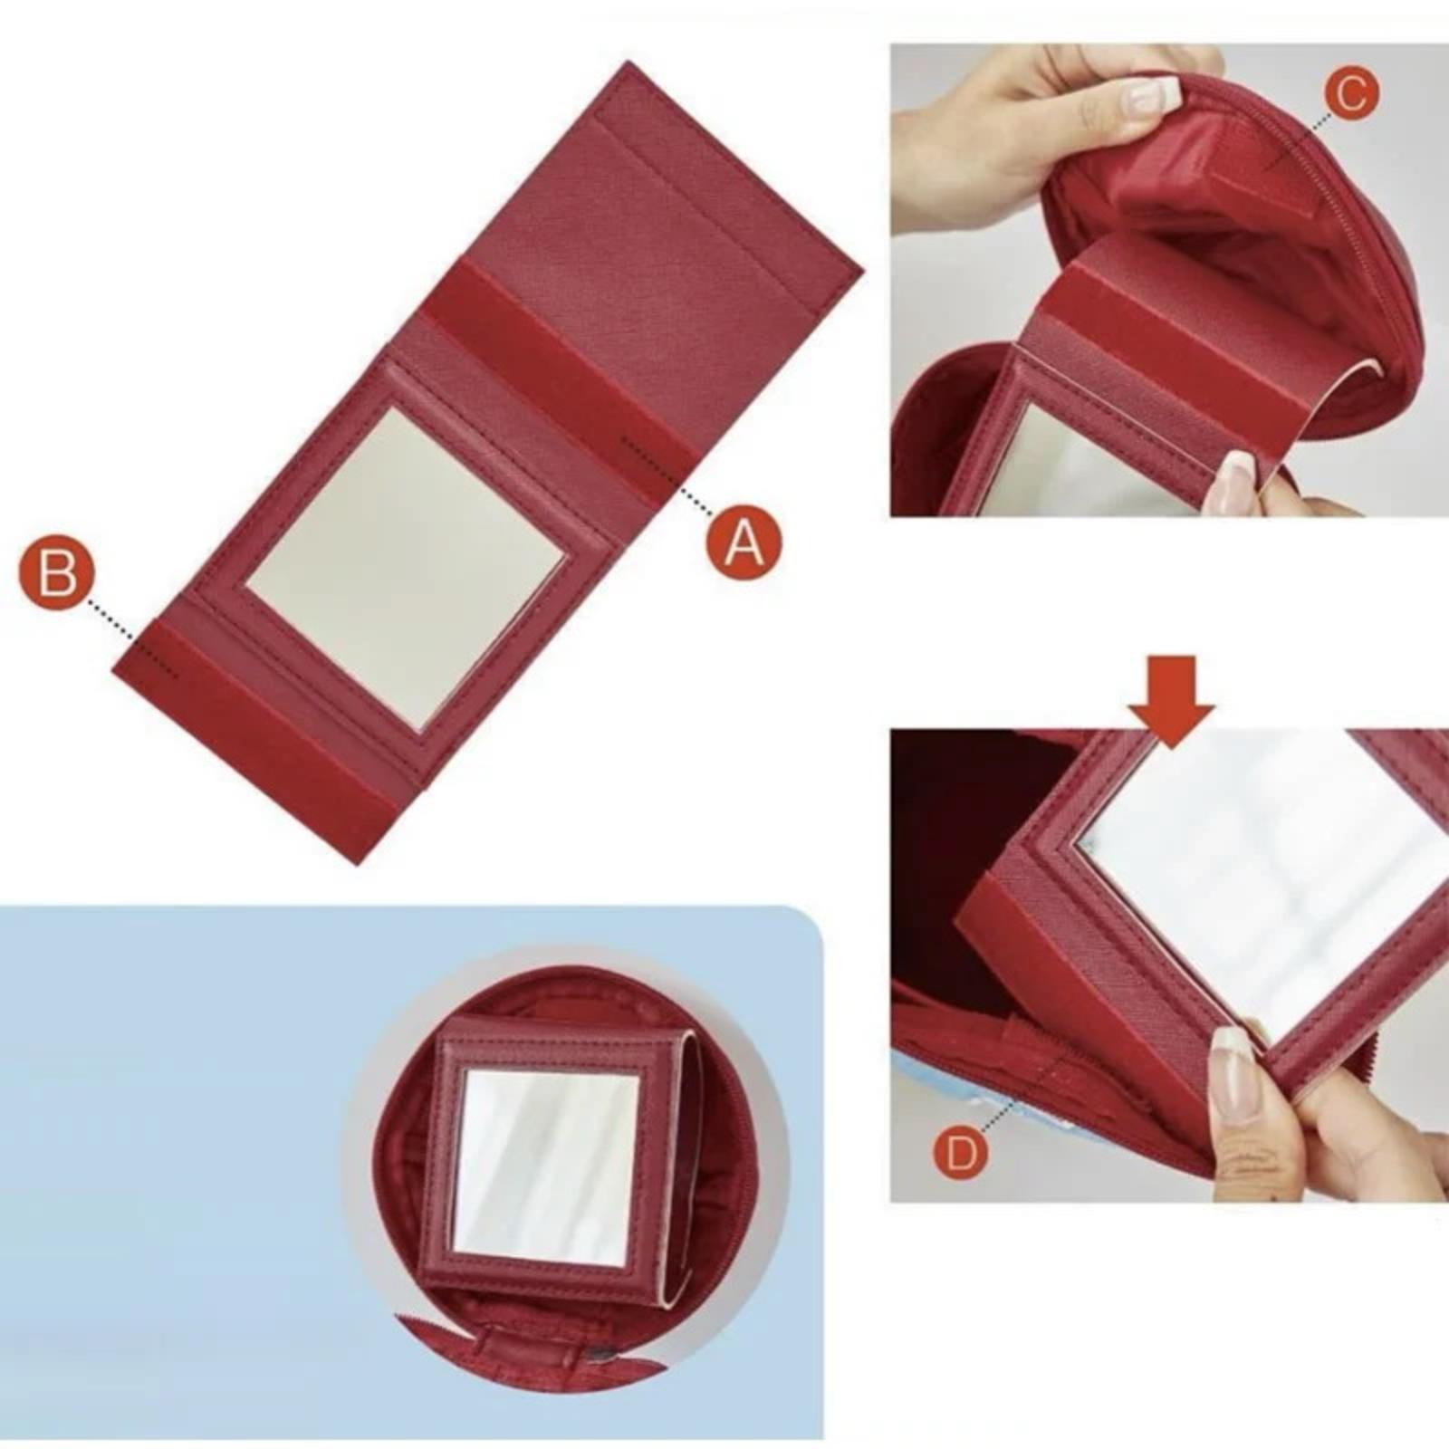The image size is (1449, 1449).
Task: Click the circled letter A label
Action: [744, 542]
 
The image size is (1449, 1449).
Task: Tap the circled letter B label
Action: [55, 571]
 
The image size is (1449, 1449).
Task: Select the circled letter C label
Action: [1349, 93]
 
